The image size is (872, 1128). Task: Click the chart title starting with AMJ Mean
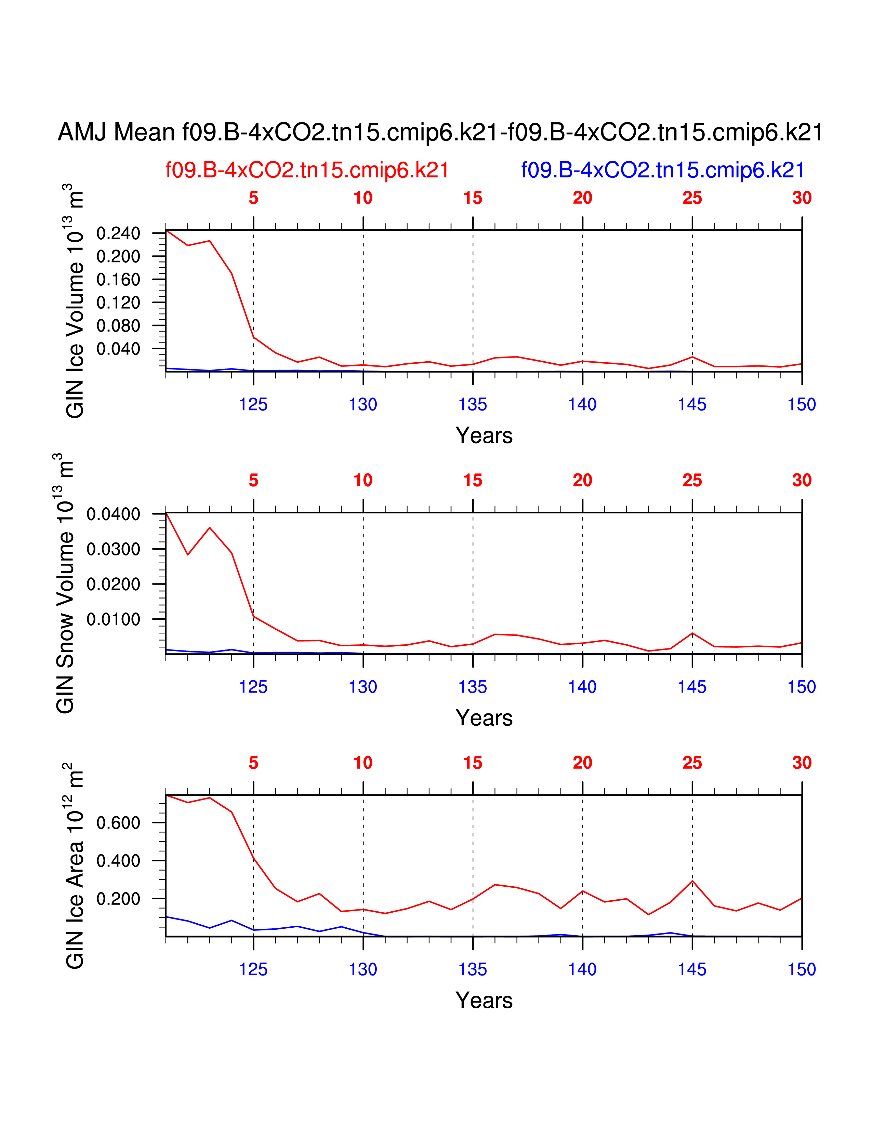coord(440,132)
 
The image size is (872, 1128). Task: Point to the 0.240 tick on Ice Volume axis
coord(118,233)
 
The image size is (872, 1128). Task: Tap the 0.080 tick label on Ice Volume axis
coord(118,326)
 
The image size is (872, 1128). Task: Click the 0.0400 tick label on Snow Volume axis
coord(113,514)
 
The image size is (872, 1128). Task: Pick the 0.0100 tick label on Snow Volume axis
coord(113,619)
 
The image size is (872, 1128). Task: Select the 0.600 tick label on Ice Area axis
coord(118,823)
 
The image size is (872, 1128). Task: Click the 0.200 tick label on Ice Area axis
coord(118,899)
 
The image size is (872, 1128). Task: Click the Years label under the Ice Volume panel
coord(484,435)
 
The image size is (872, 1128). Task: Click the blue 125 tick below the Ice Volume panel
coord(253,404)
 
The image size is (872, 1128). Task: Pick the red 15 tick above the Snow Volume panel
coord(473,480)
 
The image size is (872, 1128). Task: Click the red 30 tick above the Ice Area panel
coord(802,763)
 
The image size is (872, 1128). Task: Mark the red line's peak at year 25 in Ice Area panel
coord(692,881)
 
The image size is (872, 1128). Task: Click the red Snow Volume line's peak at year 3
coord(210,528)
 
